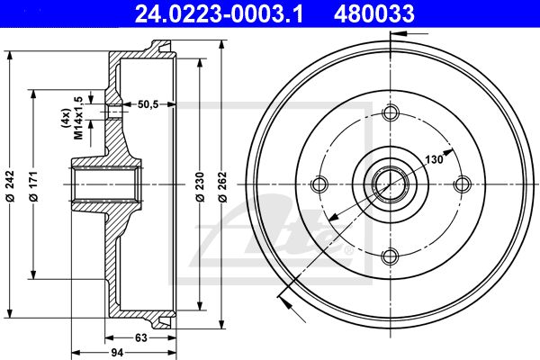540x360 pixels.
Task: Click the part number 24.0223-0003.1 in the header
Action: [x=219, y=13]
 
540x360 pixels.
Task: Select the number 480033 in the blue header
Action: [x=374, y=13]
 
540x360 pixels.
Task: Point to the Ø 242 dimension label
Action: [x=10, y=185]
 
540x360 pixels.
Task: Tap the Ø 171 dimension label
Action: [x=33, y=185]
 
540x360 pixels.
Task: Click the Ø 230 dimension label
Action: [x=200, y=186]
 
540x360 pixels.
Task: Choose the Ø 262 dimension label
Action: [x=223, y=186]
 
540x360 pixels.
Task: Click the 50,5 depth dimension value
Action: [x=148, y=104]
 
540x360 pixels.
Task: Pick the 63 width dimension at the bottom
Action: [x=141, y=338]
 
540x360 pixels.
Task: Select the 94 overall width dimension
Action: [x=117, y=353]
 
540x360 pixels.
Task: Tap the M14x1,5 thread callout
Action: [x=78, y=118]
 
